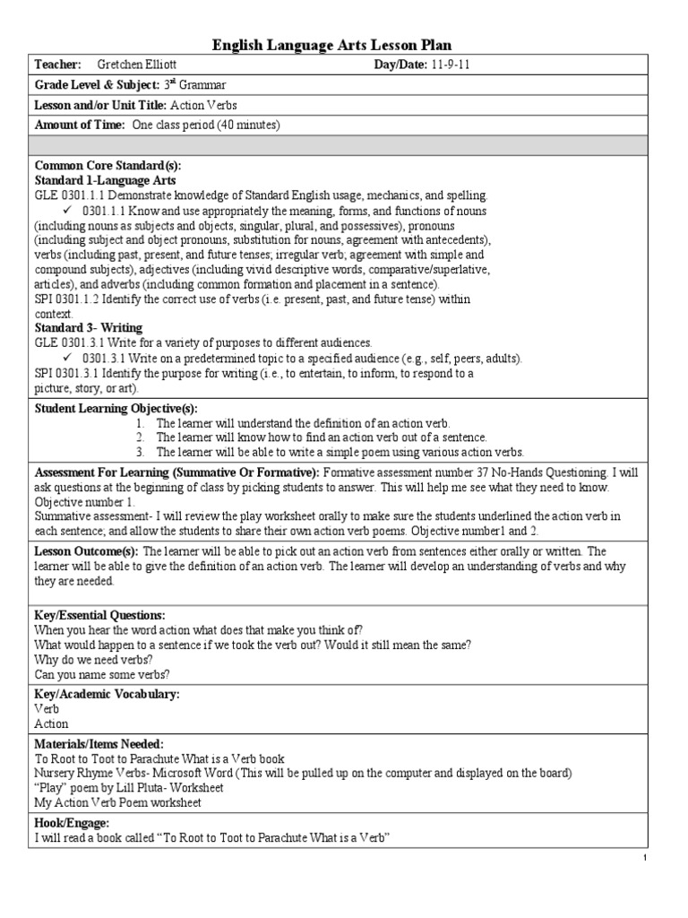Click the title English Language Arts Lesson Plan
click(x=344, y=45)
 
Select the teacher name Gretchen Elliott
click(x=137, y=65)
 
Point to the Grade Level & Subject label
click(x=97, y=85)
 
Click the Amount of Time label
click(x=79, y=125)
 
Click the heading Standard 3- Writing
click(x=88, y=328)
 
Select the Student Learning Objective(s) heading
click(x=116, y=409)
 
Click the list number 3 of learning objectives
click(x=141, y=452)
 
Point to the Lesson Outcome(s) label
click(x=86, y=551)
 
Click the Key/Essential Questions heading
click(x=99, y=616)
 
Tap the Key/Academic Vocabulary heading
click(x=107, y=694)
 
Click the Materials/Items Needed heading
click(x=99, y=743)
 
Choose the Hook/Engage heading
click(x=72, y=822)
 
